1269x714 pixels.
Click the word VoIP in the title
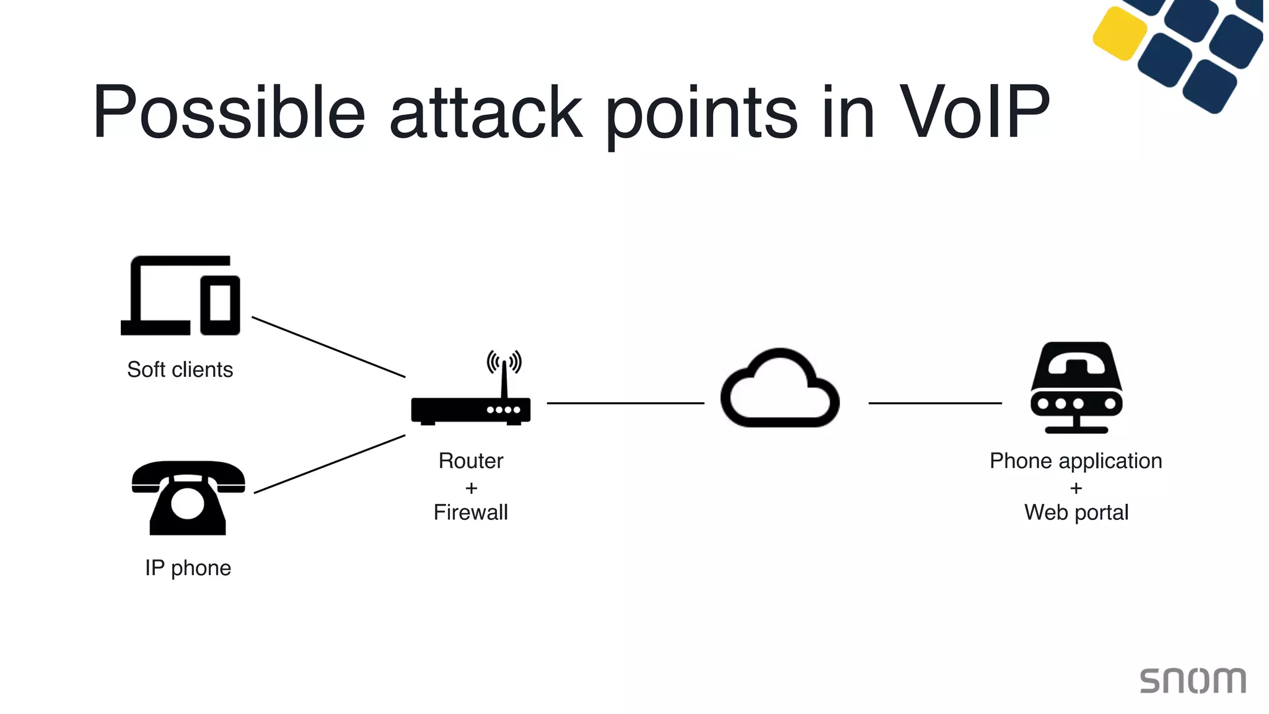click(974, 112)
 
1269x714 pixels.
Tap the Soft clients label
click(180, 369)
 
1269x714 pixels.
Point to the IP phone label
click(188, 568)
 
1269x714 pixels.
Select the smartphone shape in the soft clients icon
click(220, 304)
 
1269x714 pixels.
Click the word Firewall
click(470, 513)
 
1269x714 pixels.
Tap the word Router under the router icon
click(470, 461)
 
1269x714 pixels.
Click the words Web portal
click(1076, 513)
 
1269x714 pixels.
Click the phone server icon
click(1076, 387)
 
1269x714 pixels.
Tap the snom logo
click(1193, 681)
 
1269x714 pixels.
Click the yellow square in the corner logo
click(1120, 33)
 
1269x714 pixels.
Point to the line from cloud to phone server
click(934, 403)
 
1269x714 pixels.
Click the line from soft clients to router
click(328, 347)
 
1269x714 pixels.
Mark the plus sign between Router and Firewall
click(471, 488)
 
